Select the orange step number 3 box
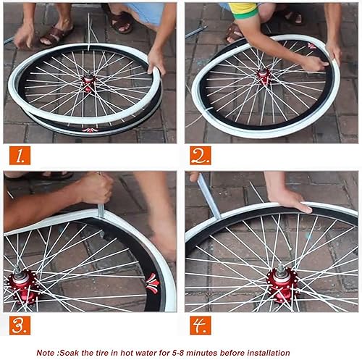20,325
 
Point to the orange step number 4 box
201,325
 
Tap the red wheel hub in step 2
264,75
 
